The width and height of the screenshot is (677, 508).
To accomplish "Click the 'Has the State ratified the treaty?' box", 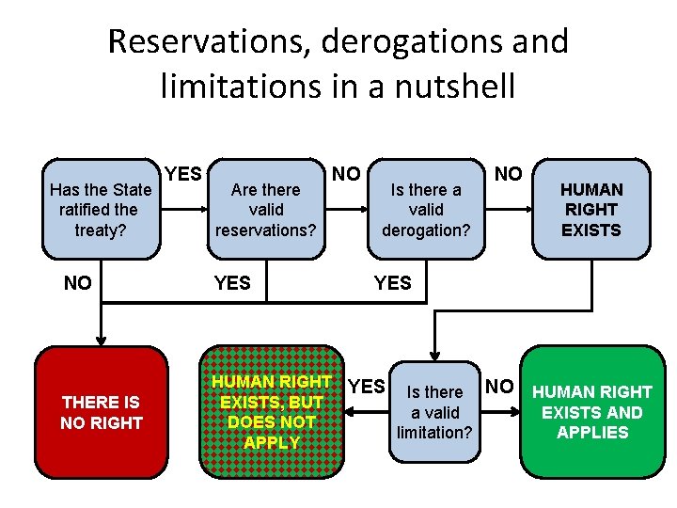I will (x=99, y=210).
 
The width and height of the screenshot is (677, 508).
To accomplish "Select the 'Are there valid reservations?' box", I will (x=265, y=210).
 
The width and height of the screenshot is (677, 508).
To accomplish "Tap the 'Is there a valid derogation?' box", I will (x=426, y=210).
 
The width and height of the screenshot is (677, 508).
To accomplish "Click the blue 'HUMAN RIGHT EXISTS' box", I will (x=591, y=210).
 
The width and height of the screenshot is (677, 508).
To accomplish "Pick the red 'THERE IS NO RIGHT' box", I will (x=101, y=412).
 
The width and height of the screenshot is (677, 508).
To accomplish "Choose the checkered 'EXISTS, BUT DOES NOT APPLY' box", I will (x=271, y=412).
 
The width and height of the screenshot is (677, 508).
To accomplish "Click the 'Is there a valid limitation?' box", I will (x=434, y=412).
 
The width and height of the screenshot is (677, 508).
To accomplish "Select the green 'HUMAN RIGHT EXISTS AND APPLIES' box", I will (x=592, y=412).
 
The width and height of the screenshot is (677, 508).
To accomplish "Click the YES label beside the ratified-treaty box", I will (x=183, y=173).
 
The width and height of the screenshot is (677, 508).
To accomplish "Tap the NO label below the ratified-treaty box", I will (x=77, y=282).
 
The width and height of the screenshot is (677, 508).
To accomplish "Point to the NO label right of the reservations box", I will (x=346, y=173).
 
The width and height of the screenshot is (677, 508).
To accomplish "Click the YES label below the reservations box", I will (x=232, y=282).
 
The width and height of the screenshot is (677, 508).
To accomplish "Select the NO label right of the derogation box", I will (x=509, y=173).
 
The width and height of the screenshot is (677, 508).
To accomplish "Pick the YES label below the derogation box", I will (x=392, y=282).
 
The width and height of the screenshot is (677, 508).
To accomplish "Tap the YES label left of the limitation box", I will (x=367, y=386).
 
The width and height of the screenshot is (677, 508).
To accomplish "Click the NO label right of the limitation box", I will (x=500, y=386).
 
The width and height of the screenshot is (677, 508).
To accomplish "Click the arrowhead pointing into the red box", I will (x=101, y=341).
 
